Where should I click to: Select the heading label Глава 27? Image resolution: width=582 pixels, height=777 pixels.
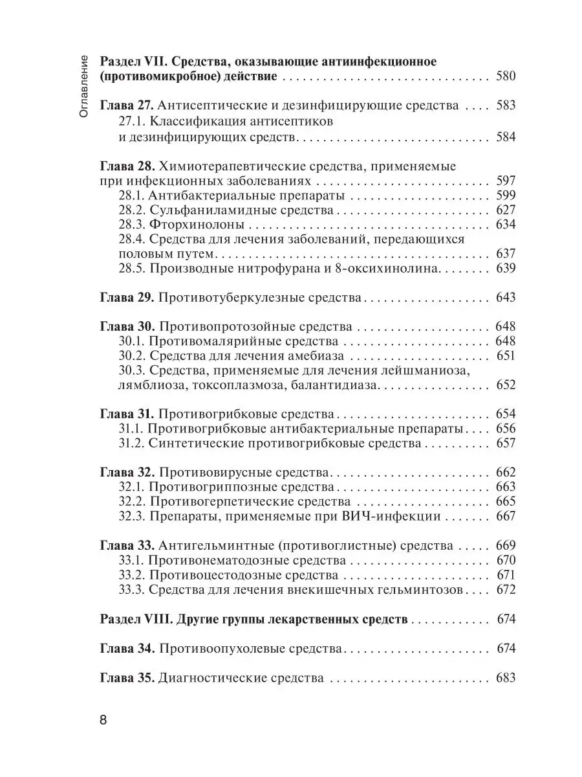126,106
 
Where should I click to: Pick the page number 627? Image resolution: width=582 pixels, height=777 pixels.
505,210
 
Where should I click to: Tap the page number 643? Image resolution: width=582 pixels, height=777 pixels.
505,297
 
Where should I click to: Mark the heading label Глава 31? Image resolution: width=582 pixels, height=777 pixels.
126,414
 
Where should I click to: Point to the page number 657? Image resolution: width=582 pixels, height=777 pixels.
505,444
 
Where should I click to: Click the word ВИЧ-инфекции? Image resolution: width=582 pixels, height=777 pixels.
397,516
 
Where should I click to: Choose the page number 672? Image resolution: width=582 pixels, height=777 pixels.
505,590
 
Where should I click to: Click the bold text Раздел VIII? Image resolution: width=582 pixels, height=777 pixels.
135,620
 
